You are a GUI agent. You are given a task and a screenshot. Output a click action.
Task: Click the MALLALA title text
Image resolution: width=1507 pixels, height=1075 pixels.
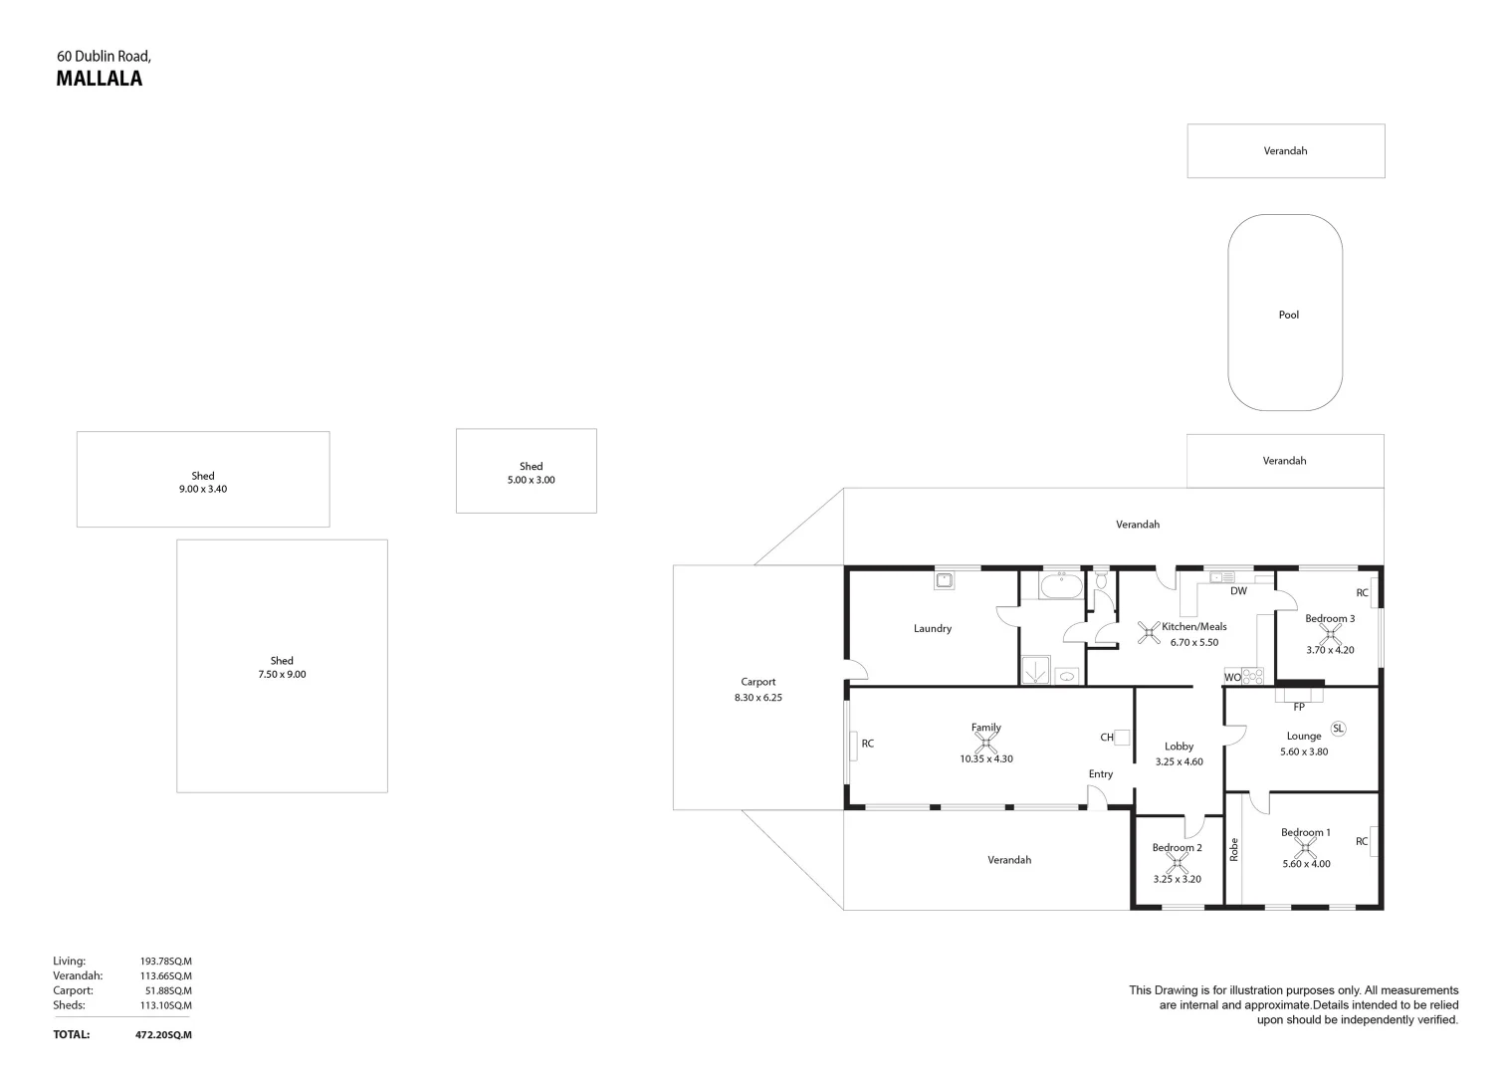pos(99,80)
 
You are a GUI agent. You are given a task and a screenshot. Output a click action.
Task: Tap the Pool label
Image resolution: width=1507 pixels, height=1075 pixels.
pos(1288,315)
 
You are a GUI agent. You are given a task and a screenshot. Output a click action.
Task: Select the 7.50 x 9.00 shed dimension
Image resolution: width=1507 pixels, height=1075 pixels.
pos(282,675)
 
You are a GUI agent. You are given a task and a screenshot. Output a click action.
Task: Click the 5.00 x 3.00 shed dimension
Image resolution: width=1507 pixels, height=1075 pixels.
pos(531,480)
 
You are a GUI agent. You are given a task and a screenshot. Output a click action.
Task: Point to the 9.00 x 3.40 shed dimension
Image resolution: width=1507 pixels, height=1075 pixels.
pos(203,490)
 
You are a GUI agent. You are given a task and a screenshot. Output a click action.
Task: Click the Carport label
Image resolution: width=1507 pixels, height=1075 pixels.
pos(757,682)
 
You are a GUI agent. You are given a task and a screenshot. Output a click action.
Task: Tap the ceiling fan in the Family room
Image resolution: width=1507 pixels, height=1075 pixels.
pos(985,742)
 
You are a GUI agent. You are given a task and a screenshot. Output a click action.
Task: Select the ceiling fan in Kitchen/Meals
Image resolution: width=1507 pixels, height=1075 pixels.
pos(1149,632)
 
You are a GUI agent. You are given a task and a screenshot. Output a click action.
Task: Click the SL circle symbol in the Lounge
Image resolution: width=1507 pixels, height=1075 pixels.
pos(1338,729)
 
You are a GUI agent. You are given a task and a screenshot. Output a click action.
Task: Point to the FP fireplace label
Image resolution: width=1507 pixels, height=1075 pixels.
pos(1298,708)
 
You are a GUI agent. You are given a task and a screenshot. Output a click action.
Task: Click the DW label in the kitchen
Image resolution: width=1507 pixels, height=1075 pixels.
pos(1238,591)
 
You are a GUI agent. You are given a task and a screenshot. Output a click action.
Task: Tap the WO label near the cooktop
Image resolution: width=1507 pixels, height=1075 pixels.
pos(1231,678)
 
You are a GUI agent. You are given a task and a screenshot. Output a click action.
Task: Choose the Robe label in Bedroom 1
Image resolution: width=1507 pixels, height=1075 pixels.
pos(1234,849)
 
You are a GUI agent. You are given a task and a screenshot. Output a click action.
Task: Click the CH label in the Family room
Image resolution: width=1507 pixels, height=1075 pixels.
pos(1106,738)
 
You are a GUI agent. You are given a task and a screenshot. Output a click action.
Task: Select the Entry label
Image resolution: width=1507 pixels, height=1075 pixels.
pos(1100,774)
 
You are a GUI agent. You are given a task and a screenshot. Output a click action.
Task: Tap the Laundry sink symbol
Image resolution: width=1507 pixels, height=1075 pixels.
pos(944,579)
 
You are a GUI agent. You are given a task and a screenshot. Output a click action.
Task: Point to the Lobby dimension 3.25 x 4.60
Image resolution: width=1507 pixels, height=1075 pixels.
pos(1179,762)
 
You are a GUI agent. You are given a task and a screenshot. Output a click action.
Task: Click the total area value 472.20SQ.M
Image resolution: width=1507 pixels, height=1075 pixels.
pos(163,1035)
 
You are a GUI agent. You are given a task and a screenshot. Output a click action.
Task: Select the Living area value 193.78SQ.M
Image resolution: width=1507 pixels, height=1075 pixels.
pos(165,962)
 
